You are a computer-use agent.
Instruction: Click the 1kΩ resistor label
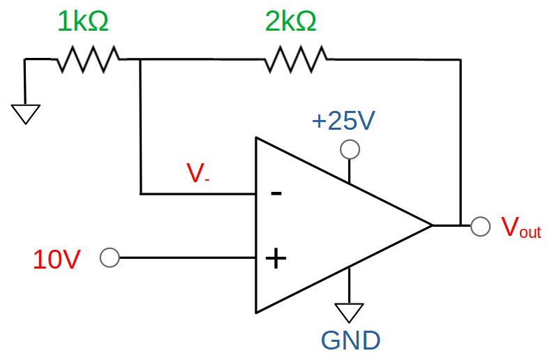click(x=82, y=22)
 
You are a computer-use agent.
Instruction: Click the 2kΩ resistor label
click(x=290, y=22)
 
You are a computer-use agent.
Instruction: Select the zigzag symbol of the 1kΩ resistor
click(x=88, y=60)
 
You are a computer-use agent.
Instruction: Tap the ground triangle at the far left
click(x=26, y=112)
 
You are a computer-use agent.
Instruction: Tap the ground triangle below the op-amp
click(x=349, y=310)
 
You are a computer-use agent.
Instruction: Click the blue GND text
click(x=350, y=340)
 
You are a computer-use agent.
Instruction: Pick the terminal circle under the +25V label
click(x=350, y=149)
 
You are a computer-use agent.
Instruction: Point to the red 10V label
click(x=57, y=260)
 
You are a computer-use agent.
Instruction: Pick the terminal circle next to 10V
click(x=109, y=258)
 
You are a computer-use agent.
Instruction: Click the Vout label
click(x=521, y=228)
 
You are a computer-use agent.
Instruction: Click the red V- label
click(x=197, y=173)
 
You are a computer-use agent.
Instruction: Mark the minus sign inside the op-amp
click(x=276, y=193)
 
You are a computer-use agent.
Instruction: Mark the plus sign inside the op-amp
click(x=276, y=259)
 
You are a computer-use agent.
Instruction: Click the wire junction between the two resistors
click(x=141, y=60)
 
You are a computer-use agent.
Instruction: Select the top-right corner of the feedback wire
click(x=460, y=60)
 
